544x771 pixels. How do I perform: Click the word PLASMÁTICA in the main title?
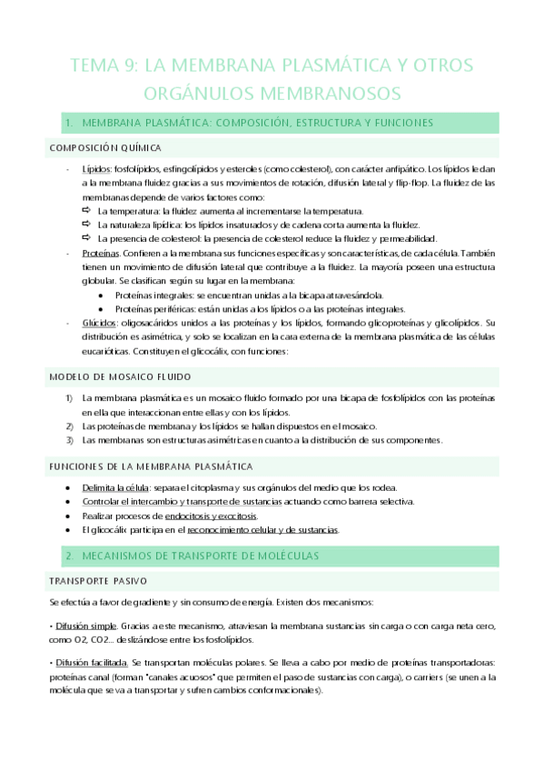(x=325, y=65)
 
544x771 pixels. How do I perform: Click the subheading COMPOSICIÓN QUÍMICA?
(x=105, y=146)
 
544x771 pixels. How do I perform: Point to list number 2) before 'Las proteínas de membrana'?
(x=68, y=426)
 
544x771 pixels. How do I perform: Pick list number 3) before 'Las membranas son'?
(x=68, y=440)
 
